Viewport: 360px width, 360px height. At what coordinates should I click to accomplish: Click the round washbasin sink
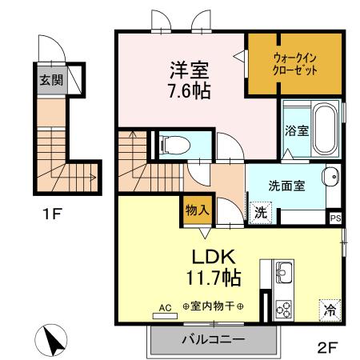click(x=330, y=178)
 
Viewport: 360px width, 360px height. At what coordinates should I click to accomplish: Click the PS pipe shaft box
click(x=335, y=215)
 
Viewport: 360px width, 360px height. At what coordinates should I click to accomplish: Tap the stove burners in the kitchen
click(x=284, y=306)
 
